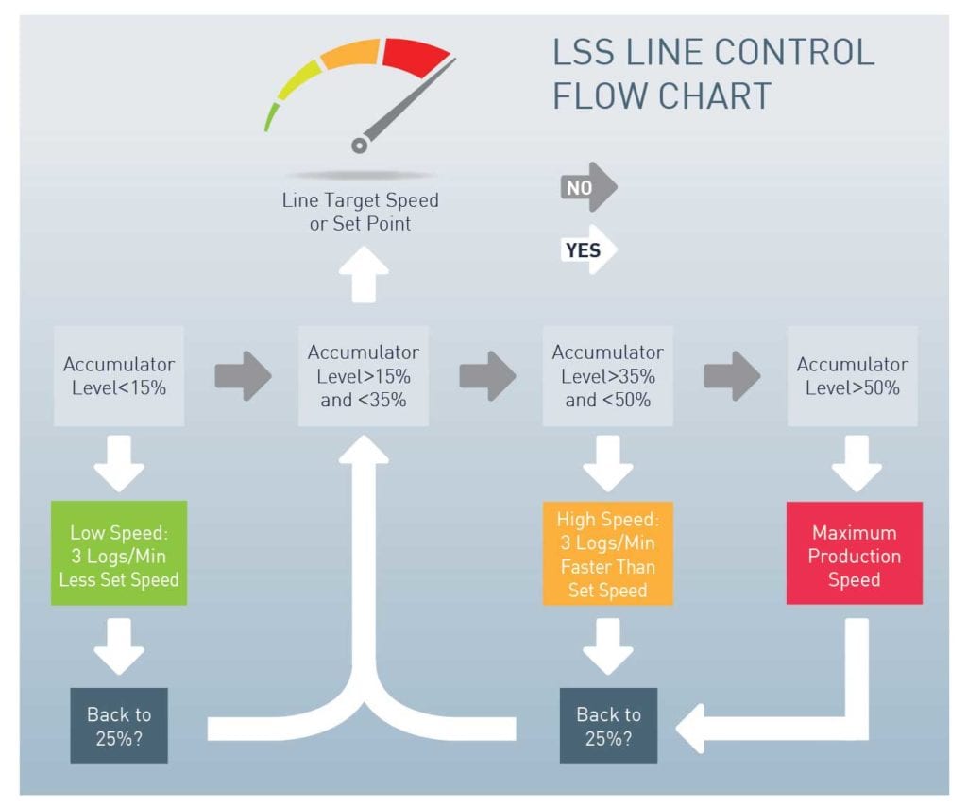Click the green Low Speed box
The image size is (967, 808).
tap(119, 553)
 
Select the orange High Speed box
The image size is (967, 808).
tap(607, 554)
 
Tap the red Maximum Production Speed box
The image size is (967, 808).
tap(854, 554)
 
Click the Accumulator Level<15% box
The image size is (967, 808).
tap(119, 375)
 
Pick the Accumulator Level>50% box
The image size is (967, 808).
tap(852, 375)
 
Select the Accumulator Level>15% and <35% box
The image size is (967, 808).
tap(364, 375)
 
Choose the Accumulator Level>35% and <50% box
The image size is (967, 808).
tap(607, 375)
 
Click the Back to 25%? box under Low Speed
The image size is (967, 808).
tap(119, 726)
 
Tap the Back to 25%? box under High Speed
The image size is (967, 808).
tap(608, 726)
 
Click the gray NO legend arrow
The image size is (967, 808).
tap(587, 188)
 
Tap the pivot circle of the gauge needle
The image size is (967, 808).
tap(359, 145)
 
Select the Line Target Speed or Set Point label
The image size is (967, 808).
tap(360, 212)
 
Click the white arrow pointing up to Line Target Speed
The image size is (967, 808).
tap(363, 277)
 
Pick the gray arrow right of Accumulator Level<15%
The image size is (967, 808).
tap(242, 375)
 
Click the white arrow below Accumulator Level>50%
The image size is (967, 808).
tap(856, 462)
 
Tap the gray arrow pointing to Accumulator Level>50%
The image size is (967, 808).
tap(731, 375)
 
